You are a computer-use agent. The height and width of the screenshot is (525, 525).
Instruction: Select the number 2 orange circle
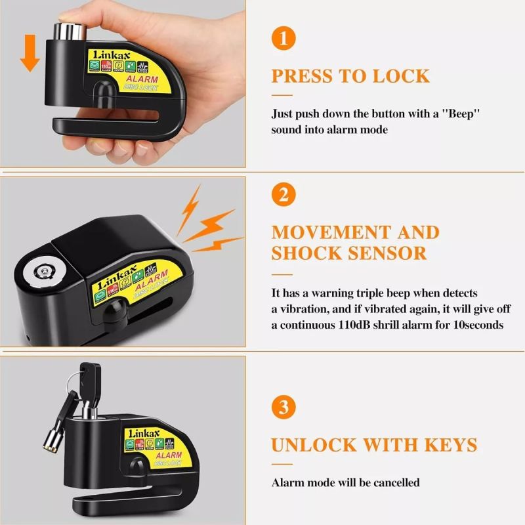pos(283,194)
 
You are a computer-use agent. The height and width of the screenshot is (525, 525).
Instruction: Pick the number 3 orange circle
pos(283,407)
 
